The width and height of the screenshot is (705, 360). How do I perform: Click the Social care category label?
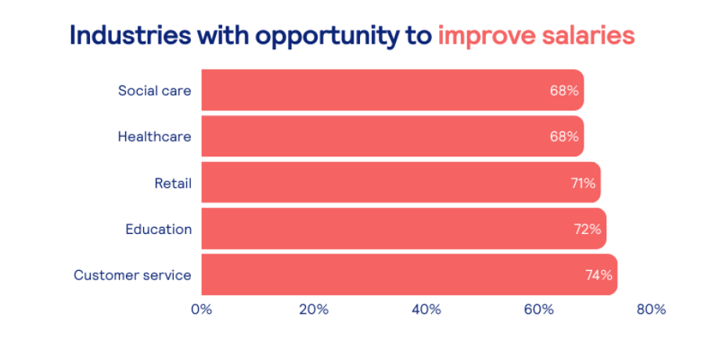pos(154,90)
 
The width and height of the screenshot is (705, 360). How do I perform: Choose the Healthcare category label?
pos(154,136)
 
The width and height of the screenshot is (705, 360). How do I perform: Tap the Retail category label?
pos(173,183)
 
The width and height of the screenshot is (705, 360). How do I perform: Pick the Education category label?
pos(158,229)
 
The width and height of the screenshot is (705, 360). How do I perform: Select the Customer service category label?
pos(132,275)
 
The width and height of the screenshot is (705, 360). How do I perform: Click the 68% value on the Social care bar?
pos(564,91)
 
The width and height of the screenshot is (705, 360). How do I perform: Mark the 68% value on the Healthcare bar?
pos(564,137)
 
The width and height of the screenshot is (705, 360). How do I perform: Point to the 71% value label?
pos(583,183)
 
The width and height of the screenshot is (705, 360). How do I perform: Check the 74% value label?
pos(599,275)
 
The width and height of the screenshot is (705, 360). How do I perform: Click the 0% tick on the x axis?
pos(201,309)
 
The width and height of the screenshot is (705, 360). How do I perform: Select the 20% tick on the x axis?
pos(314,309)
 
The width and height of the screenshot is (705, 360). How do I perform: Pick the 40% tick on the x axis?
pos(426,309)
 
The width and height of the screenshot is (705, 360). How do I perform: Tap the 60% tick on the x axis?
pos(538,309)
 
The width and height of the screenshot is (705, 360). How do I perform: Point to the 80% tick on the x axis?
pos(651,309)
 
